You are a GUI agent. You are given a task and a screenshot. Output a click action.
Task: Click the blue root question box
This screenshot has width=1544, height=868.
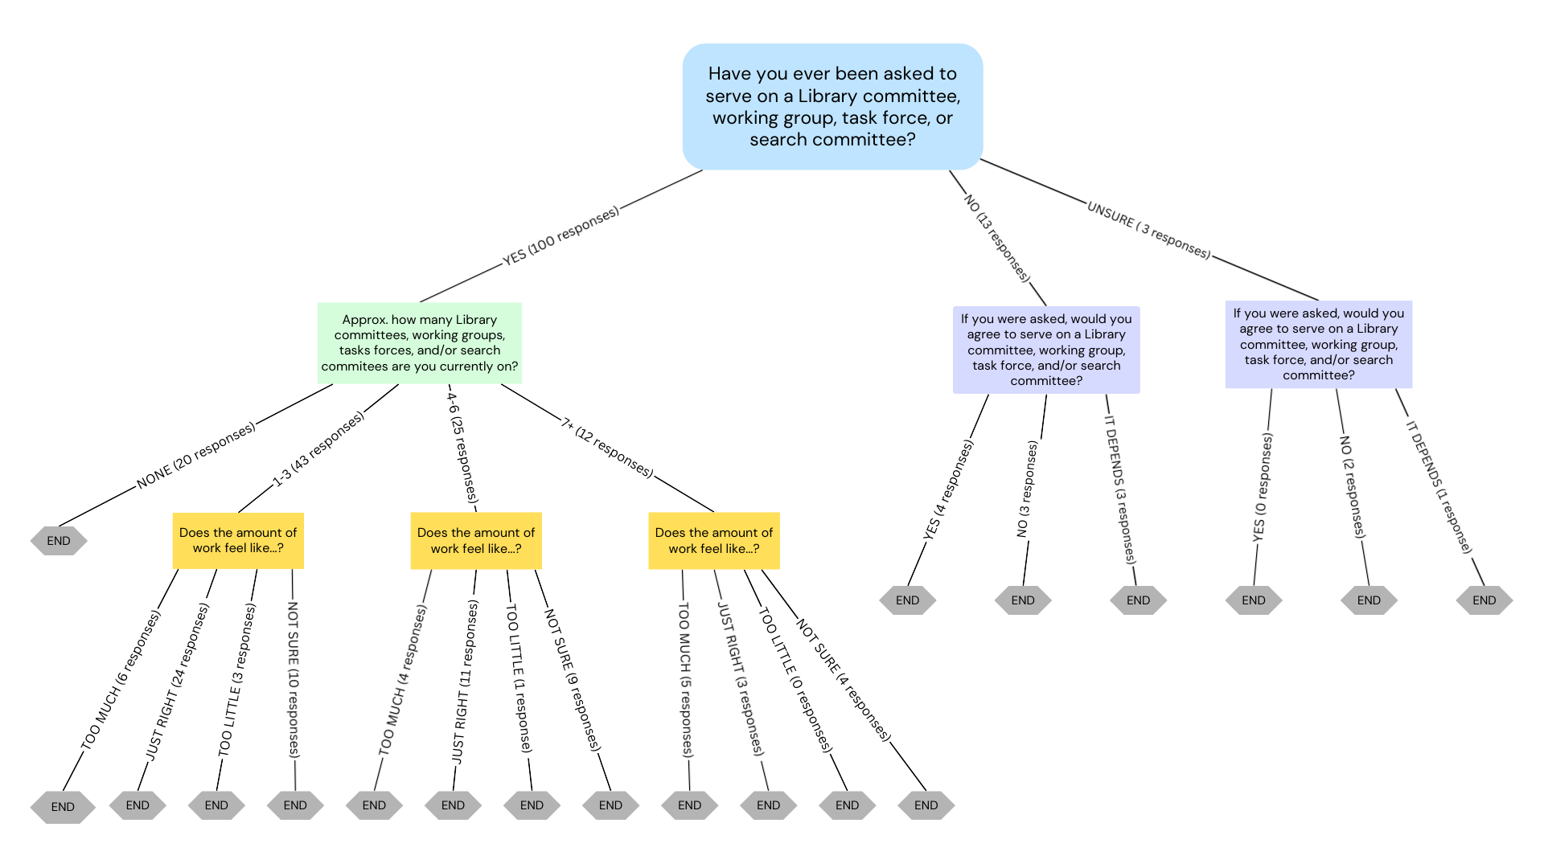(x=832, y=106)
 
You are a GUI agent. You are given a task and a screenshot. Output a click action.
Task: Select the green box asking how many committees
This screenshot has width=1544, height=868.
(x=419, y=342)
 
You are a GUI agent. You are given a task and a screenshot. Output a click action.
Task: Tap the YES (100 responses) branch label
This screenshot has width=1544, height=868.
(x=561, y=236)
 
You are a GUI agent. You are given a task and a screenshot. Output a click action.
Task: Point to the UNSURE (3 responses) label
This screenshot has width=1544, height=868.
(x=1148, y=230)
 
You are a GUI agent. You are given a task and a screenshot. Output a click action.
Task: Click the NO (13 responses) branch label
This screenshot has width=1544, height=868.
(x=996, y=238)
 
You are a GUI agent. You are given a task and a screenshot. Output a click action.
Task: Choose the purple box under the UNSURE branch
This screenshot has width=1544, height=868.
(x=1318, y=344)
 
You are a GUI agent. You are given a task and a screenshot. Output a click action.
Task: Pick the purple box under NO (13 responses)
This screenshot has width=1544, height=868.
(x=1045, y=350)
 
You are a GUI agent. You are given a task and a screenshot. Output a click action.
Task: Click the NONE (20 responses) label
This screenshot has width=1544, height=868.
(x=195, y=455)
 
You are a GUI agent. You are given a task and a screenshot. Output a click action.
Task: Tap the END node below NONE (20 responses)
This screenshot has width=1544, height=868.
(x=59, y=541)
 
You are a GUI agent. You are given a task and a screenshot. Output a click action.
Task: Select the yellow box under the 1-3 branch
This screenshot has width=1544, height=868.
(x=238, y=540)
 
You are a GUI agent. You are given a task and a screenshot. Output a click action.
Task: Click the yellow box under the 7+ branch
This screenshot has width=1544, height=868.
(x=713, y=540)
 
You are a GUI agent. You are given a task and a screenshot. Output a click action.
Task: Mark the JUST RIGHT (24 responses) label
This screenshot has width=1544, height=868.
(x=177, y=682)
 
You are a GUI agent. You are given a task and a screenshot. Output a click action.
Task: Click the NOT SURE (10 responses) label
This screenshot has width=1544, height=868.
(x=294, y=679)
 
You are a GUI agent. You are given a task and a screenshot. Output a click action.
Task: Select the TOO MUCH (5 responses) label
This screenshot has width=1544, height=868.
(x=684, y=679)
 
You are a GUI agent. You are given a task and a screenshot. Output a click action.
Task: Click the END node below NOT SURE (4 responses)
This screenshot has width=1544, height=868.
(x=926, y=805)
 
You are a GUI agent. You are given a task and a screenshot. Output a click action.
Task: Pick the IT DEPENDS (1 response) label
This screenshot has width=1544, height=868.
(x=1439, y=487)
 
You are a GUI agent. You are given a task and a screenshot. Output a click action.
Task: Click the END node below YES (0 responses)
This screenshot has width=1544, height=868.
(x=1253, y=600)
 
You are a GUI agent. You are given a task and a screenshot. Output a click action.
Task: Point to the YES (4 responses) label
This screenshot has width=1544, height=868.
(x=948, y=489)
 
